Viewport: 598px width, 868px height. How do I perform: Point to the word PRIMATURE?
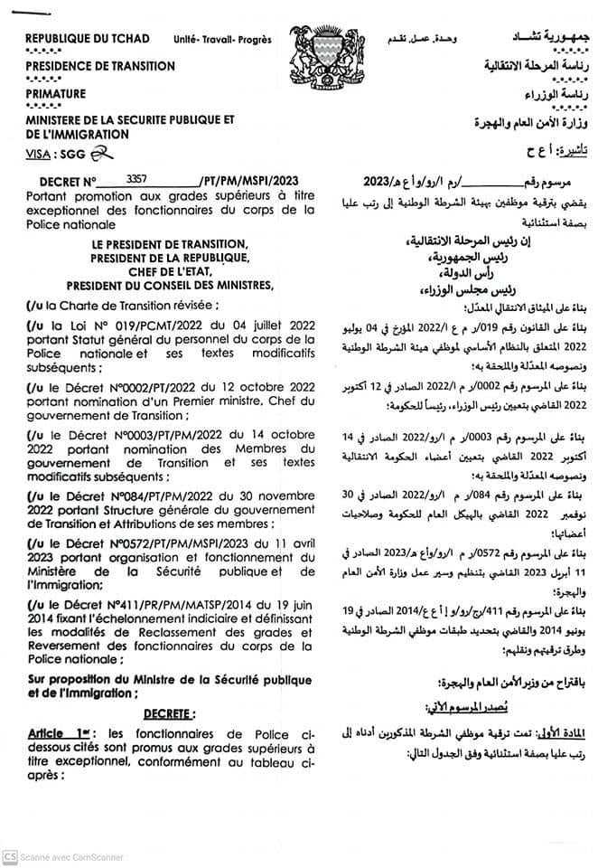pyautogui.click(x=56, y=93)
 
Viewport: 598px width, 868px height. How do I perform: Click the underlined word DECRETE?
pyautogui.click(x=169, y=713)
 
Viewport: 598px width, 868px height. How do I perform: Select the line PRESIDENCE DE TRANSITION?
pyautogui.click(x=100, y=66)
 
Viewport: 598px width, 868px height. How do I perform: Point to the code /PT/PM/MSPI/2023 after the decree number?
pyautogui.click(x=248, y=182)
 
